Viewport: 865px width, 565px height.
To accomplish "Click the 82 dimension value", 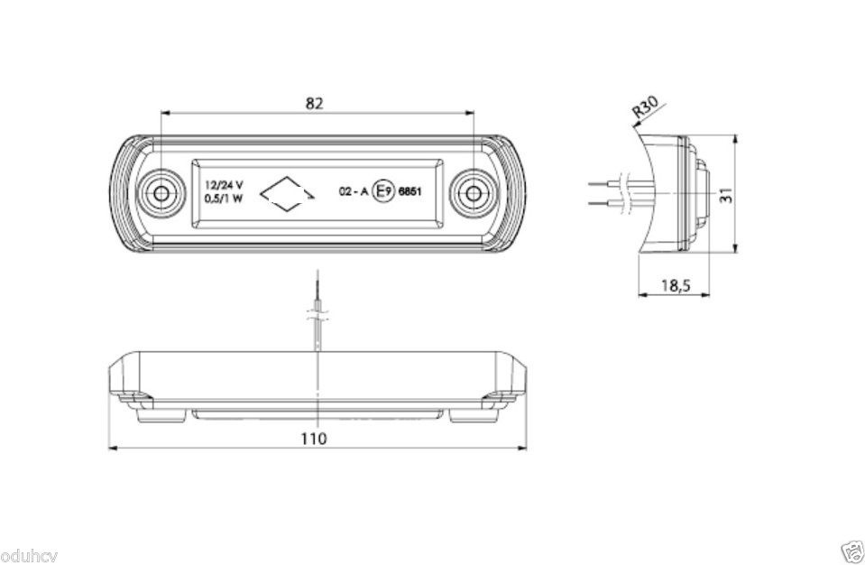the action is pyautogui.click(x=314, y=103).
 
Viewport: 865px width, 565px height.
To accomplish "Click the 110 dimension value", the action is pyautogui.click(x=313, y=439).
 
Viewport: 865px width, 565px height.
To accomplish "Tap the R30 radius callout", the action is pyautogui.click(x=645, y=108).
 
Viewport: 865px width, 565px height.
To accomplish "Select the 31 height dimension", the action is pyautogui.click(x=727, y=195).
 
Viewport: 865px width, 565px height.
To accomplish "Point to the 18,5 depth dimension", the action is pyautogui.click(x=676, y=286).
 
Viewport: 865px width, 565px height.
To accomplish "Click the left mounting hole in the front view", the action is pyautogui.click(x=161, y=194).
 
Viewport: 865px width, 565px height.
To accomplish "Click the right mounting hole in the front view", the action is pyautogui.click(x=474, y=194).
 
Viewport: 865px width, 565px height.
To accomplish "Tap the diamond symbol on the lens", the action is pyautogui.click(x=287, y=194).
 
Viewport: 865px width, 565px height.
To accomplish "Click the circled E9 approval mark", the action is pyautogui.click(x=384, y=191).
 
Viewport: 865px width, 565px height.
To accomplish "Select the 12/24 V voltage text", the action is pyautogui.click(x=224, y=185).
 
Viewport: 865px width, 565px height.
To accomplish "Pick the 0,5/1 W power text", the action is pyautogui.click(x=224, y=199).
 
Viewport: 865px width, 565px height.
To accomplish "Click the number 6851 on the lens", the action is pyautogui.click(x=409, y=192).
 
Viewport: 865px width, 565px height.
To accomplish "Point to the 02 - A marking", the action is pyautogui.click(x=353, y=192).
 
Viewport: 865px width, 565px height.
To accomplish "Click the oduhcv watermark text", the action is pyautogui.click(x=29, y=556).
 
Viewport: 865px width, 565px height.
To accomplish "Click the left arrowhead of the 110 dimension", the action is pyautogui.click(x=113, y=448).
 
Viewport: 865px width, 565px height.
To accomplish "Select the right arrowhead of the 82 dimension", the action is pyautogui.click(x=469, y=113).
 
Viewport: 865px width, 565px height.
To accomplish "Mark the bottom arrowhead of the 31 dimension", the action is pyautogui.click(x=735, y=247).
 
